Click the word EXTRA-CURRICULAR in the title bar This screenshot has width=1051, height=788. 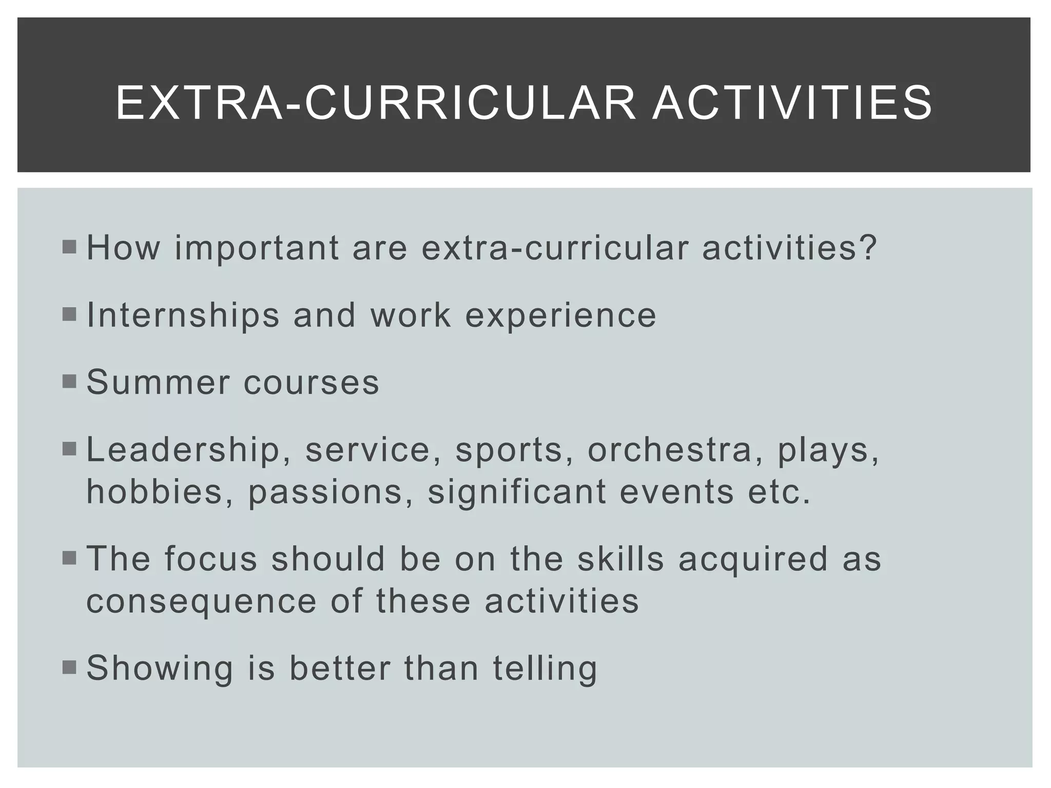point(375,104)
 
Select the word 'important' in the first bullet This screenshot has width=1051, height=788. point(257,248)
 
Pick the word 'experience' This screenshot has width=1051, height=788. point(560,316)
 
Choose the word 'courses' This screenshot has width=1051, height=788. point(311,383)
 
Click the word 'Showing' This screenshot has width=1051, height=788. point(160,668)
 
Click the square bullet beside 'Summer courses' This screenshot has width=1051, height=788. point(69,382)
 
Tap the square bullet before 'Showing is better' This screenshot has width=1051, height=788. point(69,667)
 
